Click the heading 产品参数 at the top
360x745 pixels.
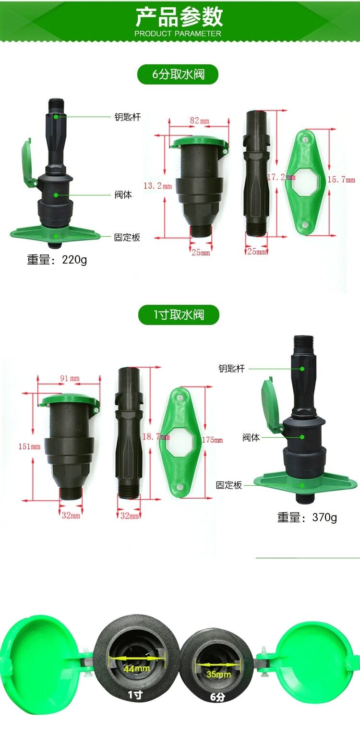click(179, 17)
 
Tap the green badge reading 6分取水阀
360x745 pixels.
click(178, 74)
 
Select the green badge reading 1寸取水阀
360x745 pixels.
click(179, 314)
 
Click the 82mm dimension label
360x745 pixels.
click(200, 120)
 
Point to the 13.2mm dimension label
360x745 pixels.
click(157, 186)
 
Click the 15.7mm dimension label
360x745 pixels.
click(341, 180)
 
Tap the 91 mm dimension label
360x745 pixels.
click(70, 378)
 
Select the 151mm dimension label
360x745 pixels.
click(29, 446)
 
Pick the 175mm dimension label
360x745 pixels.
click(213, 440)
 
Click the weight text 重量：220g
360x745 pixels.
click(57, 259)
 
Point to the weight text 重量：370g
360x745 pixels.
click(307, 517)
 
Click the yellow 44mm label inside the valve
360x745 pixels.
click(137, 668)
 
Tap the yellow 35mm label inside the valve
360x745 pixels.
click(218, 674)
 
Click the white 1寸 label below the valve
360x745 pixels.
click(135, 695)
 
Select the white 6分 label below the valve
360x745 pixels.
click(217, 697)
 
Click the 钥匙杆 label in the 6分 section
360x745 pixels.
click(128, 117)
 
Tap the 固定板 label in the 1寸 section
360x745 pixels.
click(229, 485)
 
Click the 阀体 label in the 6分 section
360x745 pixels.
click(123, 194)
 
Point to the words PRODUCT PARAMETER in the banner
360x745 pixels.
click(178, 34)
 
